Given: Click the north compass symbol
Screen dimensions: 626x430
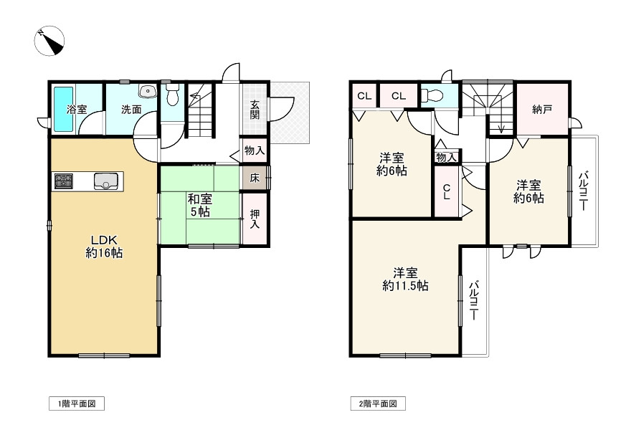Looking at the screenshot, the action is (x=49, y=41).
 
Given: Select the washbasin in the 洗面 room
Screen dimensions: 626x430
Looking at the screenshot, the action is (x=147, y=91).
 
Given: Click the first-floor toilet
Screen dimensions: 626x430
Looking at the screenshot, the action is (x=173, y=94).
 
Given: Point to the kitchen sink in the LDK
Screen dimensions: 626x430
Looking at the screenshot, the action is (x=106, y=181).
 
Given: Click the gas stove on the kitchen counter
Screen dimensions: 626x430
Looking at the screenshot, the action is (x=64, y=181).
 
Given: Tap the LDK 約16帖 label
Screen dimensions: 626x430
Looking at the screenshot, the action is (x=104, y=246).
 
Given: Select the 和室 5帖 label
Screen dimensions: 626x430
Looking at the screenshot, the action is (x=199, y=205).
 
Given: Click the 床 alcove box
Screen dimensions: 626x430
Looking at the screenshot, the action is (x=255, y=178).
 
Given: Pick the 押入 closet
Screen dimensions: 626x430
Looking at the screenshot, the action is (x=255, y=219).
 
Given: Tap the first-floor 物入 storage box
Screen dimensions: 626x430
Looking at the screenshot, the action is (x=255, y=150).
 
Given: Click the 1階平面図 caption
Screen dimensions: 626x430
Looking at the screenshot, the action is (x=77, y=403).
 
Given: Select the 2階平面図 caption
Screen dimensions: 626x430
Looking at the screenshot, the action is (x=378, y=403).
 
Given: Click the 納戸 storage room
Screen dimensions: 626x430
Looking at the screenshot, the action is (x=542, y=109).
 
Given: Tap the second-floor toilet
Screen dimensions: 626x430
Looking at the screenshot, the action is (x=432, y=95).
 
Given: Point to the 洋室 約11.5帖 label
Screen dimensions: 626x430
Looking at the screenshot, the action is (x=405, y=279).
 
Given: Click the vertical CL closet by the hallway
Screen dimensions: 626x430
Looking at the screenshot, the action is (x=446, y=191).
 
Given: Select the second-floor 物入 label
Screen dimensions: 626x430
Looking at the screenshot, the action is (x=446, y=157).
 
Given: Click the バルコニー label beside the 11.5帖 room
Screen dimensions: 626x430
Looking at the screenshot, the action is (x=474, y=300).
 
